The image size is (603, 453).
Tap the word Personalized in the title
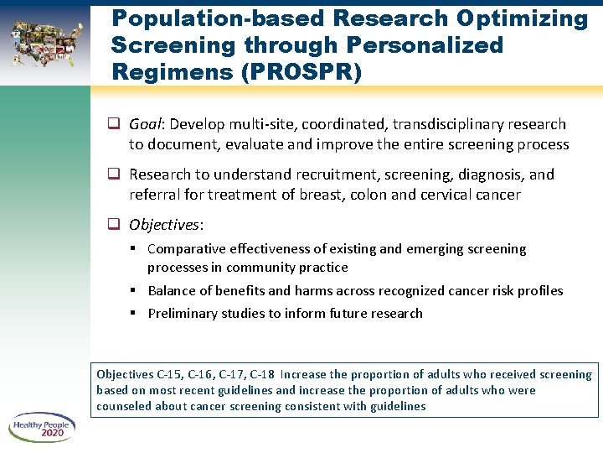tap(420, 44)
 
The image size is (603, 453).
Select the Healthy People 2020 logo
tap(43, 429)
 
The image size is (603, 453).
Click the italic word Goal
tap(146, 124)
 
